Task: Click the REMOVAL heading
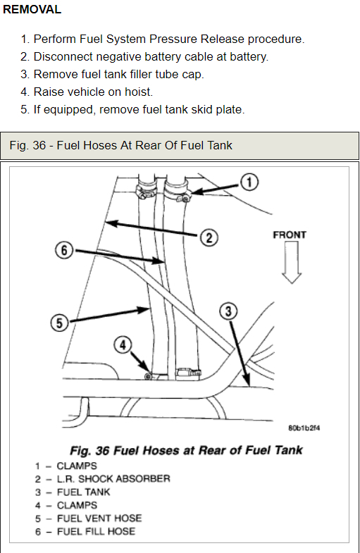[x=32, y=10]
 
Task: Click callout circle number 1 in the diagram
[x=249, y=182]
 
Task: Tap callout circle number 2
[x=209, y=237]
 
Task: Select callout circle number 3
[x=228, y=311]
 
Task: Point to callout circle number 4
[x=123, y=345]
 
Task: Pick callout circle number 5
[x=59, y=323]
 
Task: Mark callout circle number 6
[x=64, y=250]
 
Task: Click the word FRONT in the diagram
[x=290, y=235]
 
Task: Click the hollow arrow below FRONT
[x=292, y=263]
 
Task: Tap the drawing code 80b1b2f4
[x=304, y=428]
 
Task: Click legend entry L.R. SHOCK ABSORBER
[x=113, y=479]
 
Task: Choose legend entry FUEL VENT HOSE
[x=99, y=518]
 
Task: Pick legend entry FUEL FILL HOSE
[x=96, y=531]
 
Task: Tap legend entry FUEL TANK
[x=84, y=492]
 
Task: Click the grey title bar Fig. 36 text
[x=121, y=145]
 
